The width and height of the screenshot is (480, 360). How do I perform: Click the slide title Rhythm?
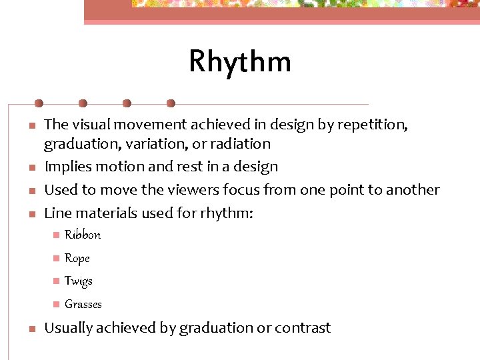tap(240, 61)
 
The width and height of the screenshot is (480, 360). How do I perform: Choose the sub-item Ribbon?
tap(83, 235)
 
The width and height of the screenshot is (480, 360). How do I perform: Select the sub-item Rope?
tap(77, 258)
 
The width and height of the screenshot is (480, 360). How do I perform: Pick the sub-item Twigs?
tap(79, 281)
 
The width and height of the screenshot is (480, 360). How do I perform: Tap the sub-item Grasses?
tap(83, 305)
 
